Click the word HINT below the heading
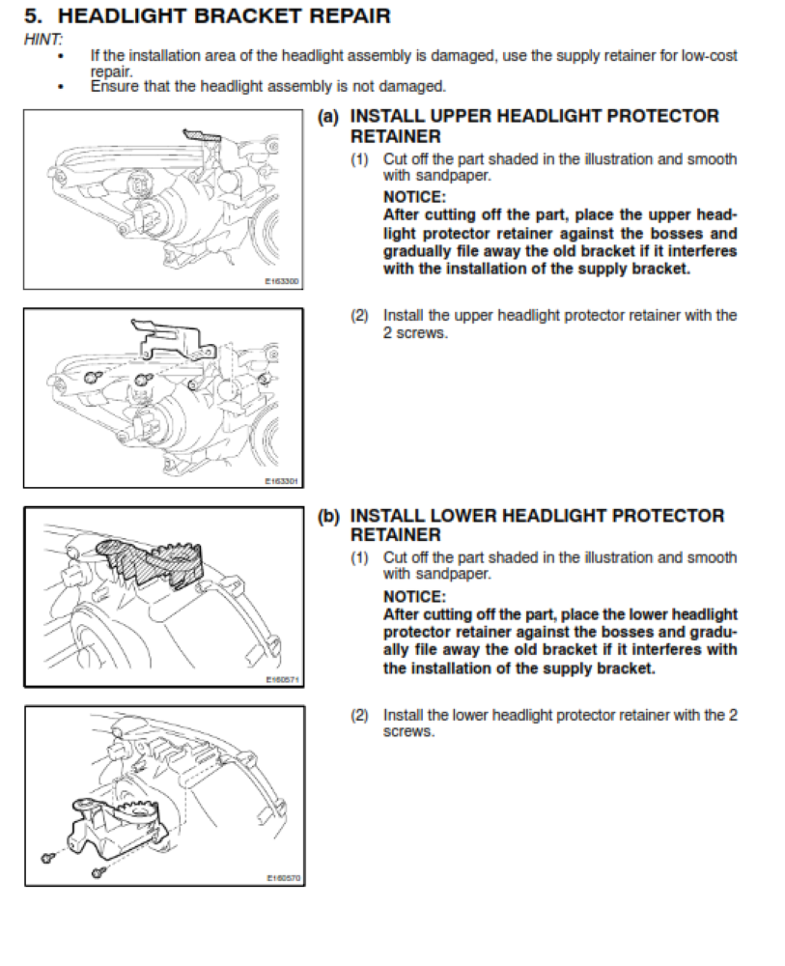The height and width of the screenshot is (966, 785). tap(42, 40)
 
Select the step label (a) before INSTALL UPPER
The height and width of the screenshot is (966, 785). tap(328, 117)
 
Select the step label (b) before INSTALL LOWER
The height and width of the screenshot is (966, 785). tap(328, 517)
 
